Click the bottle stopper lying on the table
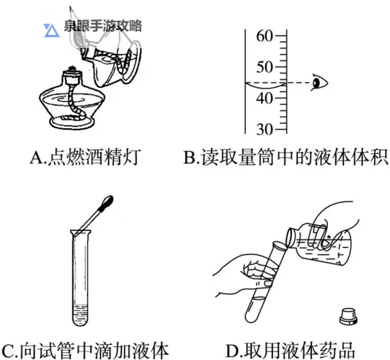pyautogui.click(x=348, y=315)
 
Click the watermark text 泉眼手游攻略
pyautogui.click(x=102, y=27)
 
